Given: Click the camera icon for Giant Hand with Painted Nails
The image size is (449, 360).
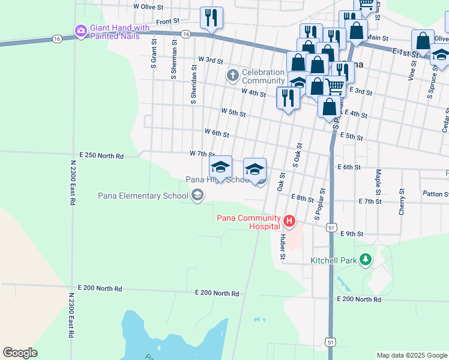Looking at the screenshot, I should [x=80, y=30].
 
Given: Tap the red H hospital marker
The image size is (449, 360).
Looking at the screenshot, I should [x=289, y=221].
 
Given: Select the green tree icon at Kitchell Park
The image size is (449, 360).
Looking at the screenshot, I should [x=364, y=260].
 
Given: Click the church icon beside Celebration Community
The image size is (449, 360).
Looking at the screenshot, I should [x=232, y=76].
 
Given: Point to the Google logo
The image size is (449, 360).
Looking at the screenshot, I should [x=20, y=353].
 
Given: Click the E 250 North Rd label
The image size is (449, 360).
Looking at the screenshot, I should [x=97, y=156].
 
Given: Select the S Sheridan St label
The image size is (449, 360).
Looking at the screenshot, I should [x=193, y=85].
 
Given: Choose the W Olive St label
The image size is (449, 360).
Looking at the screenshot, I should [x=148, y=6].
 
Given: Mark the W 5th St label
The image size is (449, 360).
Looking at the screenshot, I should [x=234, y=112].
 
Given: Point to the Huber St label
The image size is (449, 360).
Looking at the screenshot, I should [x=282, y=247].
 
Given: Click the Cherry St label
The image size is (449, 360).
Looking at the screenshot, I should [x=402, y=203].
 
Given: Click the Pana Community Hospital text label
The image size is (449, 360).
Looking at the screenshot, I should [x=249, y=222].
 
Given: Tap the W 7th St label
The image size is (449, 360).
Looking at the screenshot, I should [x=202, y=154].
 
